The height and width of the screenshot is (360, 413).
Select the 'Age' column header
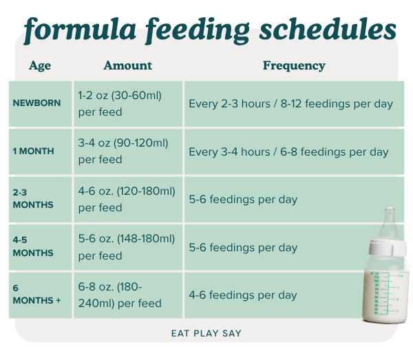(40, 66)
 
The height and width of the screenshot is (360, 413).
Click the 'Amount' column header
(127, 66)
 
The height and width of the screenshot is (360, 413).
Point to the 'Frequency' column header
(294, 66)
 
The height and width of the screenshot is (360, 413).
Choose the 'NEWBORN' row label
(36, 103)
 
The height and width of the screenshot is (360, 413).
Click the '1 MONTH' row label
(33, 151)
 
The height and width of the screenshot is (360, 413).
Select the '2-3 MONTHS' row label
(32, 199)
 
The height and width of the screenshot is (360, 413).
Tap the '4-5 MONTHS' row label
(32, 247)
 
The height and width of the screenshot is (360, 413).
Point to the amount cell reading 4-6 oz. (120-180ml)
(127, 199)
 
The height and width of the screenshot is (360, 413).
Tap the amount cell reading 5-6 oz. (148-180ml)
(127, 247)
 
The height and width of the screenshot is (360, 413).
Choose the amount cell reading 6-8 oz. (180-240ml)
(120, 295)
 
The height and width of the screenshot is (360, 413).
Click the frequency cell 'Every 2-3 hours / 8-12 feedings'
(290, 104)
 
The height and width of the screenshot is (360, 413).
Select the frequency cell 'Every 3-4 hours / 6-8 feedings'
(288, 151)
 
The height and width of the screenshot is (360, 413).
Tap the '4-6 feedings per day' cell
(243, 295)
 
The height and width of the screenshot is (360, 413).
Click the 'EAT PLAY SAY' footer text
(206, 333)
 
